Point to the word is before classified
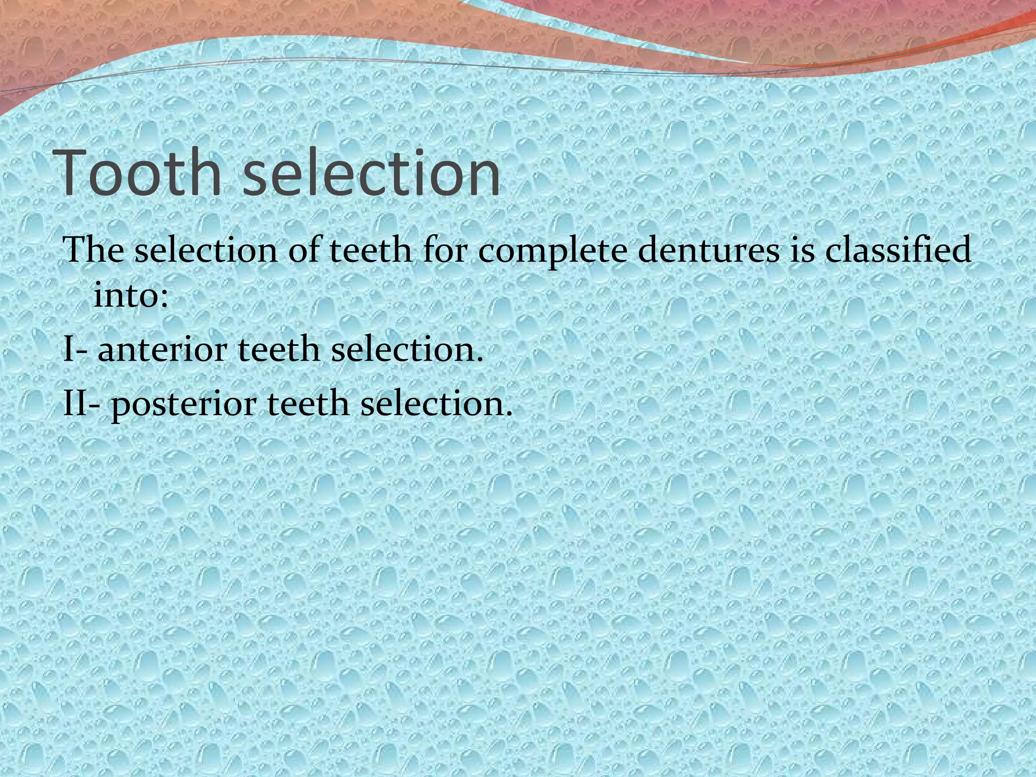802,250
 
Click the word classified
898,250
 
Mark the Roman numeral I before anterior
68,350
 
